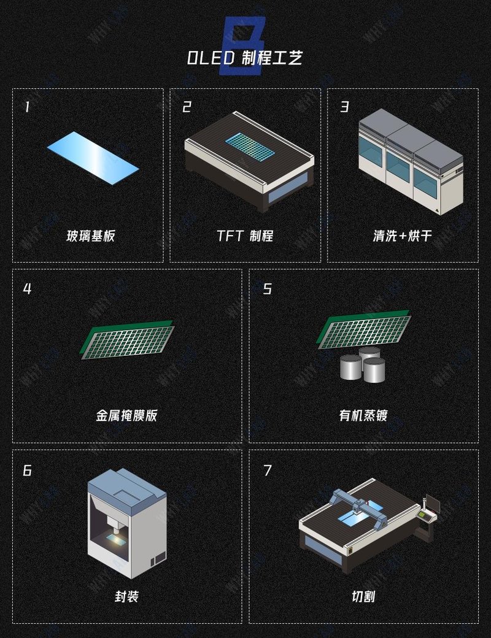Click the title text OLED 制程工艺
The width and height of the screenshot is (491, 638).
coord(245,58)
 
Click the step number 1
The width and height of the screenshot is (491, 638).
coord(27,107)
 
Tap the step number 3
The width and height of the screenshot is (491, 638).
coord(344,107)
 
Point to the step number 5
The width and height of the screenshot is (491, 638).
coord(267,288)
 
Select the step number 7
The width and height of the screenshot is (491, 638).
coord(267,471)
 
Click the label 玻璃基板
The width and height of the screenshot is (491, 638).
coord(90,236)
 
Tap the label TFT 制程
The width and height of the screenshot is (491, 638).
coord(245,236)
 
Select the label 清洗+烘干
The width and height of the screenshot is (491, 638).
coord(402,236)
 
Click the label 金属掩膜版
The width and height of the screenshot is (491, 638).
coord(126,415)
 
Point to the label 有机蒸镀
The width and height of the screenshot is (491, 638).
coord(363,415)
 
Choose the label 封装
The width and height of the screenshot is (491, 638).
coord(126,596)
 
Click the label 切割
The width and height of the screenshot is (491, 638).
coord(363,596)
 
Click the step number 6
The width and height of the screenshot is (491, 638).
coord(27,471)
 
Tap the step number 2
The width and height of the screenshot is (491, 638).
coord(187,107)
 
